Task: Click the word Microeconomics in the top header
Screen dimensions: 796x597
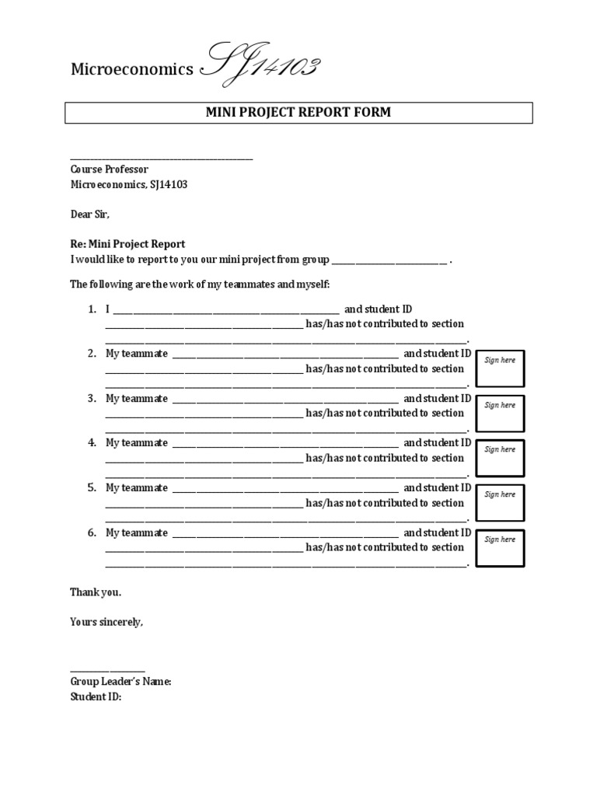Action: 132,70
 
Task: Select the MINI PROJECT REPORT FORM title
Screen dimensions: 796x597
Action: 298,113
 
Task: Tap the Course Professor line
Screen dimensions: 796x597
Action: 109,169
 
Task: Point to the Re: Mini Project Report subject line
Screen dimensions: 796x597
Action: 127,244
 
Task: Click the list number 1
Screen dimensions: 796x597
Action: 92,309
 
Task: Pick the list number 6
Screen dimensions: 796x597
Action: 92,533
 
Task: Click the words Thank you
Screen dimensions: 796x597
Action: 96,592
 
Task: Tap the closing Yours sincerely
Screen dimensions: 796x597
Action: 106,622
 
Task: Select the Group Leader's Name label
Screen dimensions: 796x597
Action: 120,682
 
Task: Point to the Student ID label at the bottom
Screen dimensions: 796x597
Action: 96,697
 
